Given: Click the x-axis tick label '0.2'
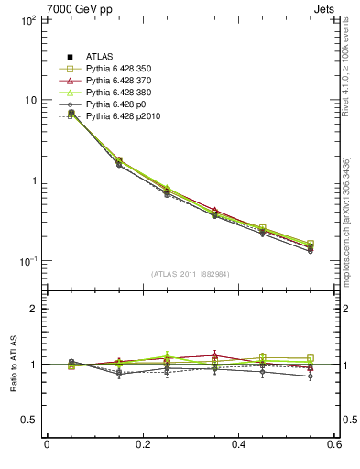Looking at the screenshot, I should tap(143, 445).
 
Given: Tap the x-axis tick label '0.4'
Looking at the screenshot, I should tap(239, 445).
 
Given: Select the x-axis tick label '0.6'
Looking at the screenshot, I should tap(334, 445).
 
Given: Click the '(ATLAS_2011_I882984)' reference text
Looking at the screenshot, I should tap(191, 274).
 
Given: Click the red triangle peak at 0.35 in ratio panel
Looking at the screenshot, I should tap(214, 354).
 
